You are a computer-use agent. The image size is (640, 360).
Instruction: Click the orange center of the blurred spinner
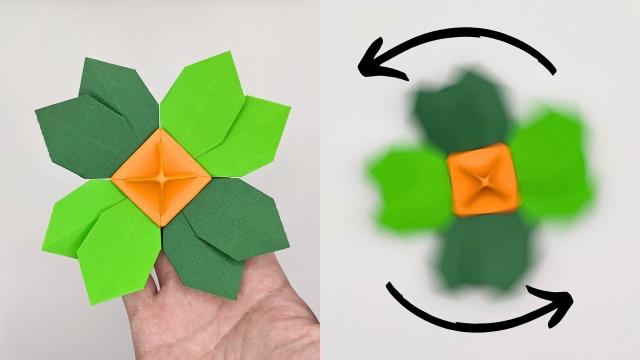483,179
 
